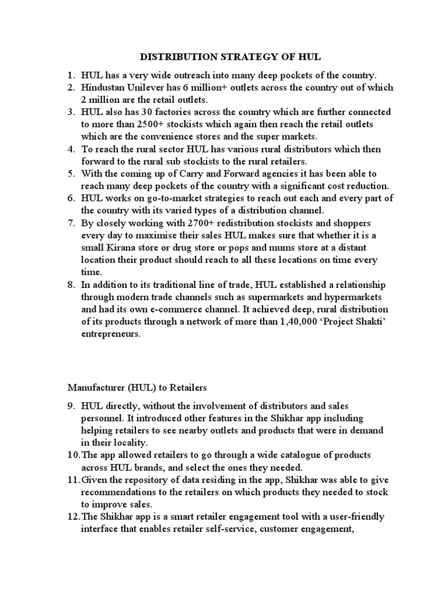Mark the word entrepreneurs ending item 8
(x=111, y=333)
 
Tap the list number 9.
(x=71, y=405)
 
